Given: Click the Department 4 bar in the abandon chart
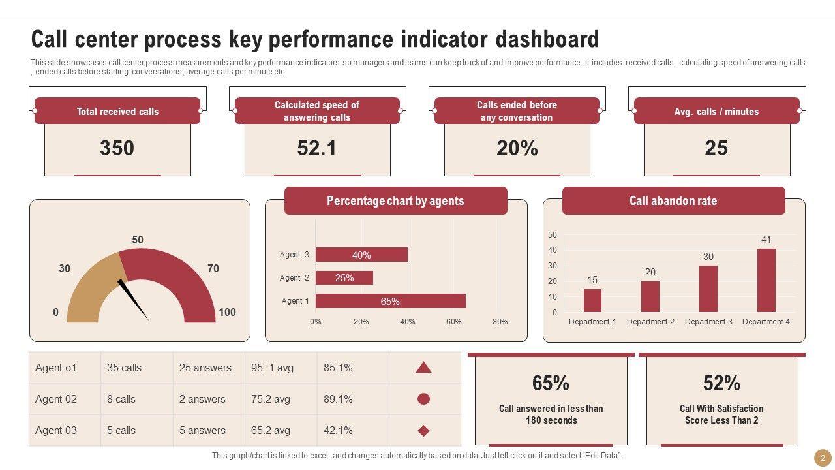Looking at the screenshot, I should point(766,280).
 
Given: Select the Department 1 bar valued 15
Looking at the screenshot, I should point(592,300).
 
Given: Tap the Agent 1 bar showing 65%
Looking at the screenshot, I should point(390,301).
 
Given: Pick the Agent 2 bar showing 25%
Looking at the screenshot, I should point(344,278).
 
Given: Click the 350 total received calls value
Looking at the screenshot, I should point(117,148).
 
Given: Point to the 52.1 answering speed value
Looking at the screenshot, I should point(317,148).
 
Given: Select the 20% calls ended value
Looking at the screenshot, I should point(517,148).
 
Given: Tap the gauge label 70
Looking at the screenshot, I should point(213,268).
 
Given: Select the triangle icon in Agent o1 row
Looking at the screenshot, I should point(423,368).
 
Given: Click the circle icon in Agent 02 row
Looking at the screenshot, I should point(423,399).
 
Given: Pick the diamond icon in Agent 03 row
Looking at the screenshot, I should point(423,431).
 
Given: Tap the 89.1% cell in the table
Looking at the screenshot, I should point(338,399).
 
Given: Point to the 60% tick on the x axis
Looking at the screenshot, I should point(454,322).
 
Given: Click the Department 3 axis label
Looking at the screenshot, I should point(708,322).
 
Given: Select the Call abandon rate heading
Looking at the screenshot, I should point(673,201).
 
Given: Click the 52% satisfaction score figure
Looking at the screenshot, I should point(721,383).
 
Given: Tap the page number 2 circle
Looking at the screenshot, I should point(823,458).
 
